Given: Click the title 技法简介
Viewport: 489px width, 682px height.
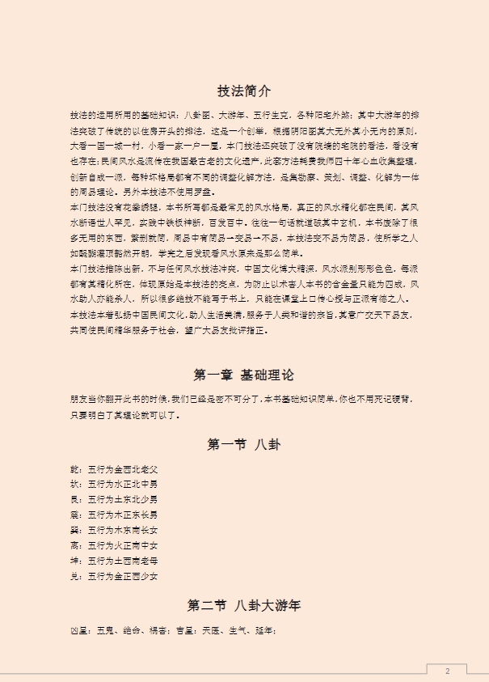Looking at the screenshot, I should click(244, 91).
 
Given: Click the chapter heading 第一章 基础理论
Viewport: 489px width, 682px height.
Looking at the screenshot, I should click(244, 375).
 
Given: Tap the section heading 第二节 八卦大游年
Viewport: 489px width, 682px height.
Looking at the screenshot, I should click(244, 605).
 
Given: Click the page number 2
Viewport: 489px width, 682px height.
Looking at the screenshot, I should click(447, 670).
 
